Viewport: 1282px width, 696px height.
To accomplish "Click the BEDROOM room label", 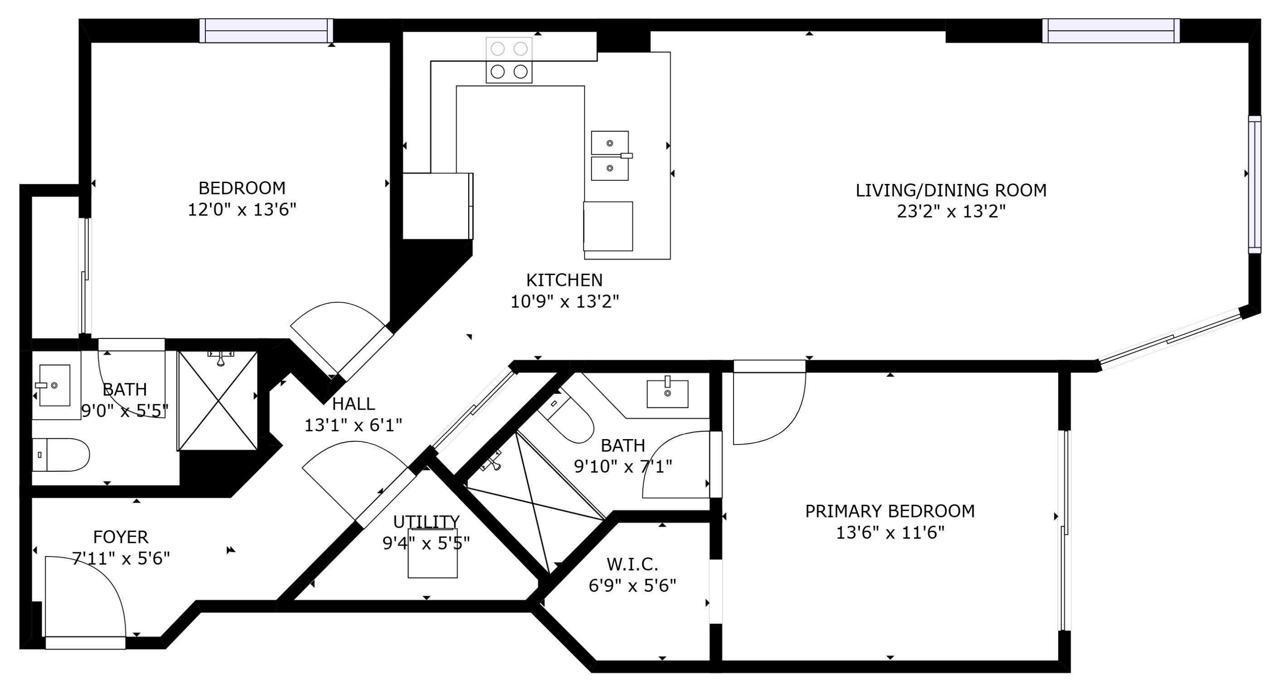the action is point(242,188).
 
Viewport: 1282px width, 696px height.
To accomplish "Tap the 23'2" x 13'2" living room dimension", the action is point(951,212).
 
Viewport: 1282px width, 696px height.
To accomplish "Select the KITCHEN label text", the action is point(564,280).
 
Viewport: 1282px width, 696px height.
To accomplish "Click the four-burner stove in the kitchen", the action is point(509,60).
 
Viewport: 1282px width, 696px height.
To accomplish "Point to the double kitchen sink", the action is point(610,156).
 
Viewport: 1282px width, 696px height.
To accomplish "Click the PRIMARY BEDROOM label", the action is point(890,512).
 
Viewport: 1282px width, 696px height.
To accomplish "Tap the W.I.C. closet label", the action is point(632,564).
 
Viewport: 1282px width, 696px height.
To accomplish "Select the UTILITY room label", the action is point(427,522).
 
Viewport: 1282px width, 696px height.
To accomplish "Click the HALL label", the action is point(353,403).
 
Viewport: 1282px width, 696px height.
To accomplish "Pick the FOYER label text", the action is point(121,537).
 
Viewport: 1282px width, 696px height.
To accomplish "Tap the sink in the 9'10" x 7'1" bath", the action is point(667,393).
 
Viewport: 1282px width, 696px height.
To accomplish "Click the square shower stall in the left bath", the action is point(218,401).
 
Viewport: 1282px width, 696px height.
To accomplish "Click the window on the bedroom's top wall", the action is point(266,30).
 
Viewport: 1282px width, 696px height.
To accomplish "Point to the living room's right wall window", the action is point(1255,184).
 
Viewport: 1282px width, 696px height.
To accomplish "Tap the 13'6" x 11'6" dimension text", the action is point(890,533).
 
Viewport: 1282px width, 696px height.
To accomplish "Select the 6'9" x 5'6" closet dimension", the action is point(632,586).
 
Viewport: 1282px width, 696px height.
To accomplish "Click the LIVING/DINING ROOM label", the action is point(951,190).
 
